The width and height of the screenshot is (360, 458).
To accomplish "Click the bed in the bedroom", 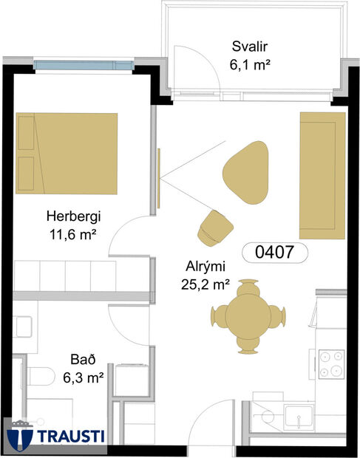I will pyautogui.click(x=67, y=151).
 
